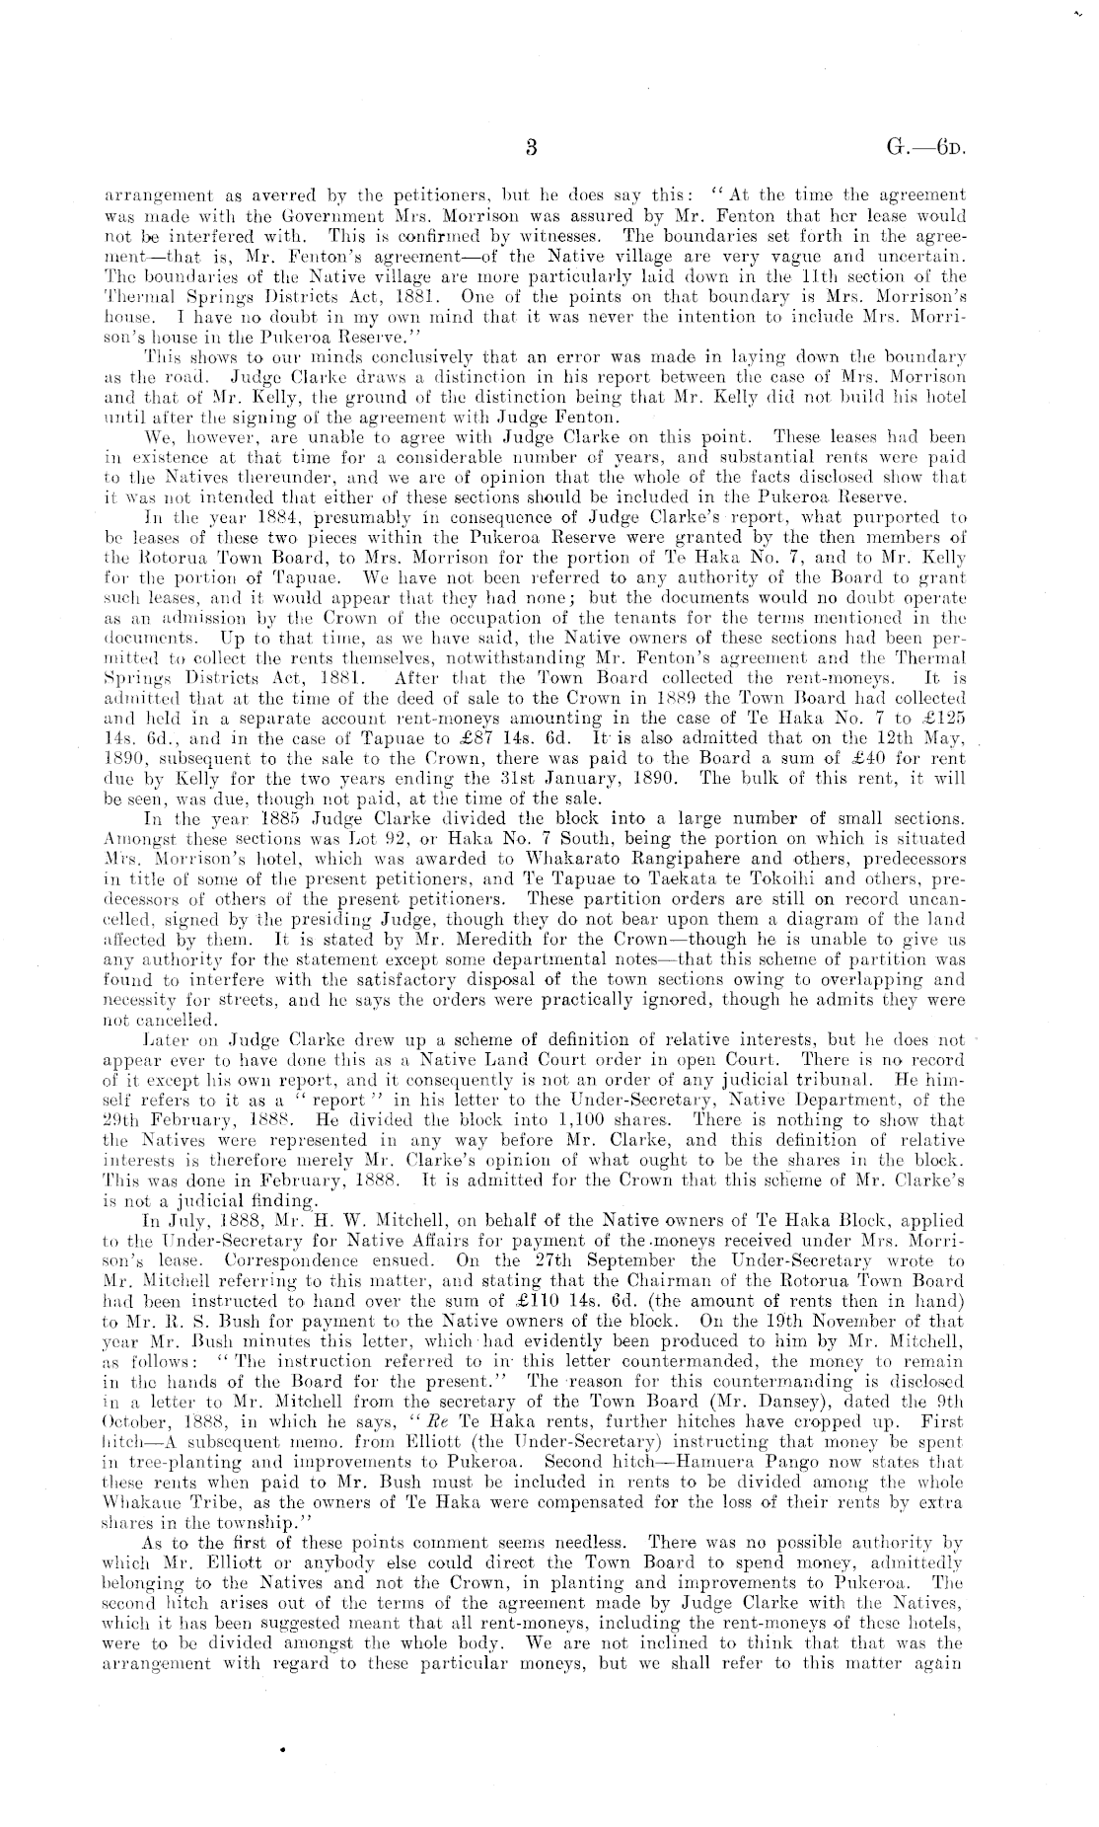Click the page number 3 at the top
click(530, 149)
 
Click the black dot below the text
click(282, 1749)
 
